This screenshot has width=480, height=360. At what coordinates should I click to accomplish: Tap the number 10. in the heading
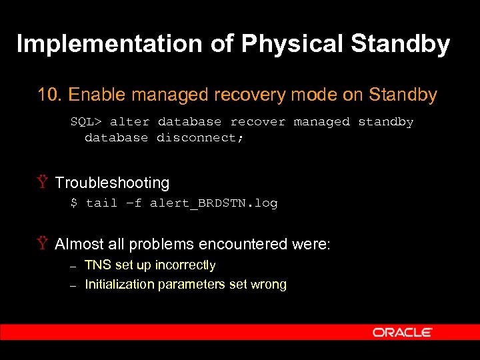coord(51,95)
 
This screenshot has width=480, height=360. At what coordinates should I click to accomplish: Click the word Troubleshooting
coord(112,183)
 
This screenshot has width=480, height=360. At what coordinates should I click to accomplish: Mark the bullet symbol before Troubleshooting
coord(43,183)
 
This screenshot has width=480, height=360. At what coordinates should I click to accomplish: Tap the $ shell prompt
coord(74,203)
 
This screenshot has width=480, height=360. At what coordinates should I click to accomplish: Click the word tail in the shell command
coord(101,203)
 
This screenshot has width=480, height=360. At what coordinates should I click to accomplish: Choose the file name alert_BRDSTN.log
coord(213,203)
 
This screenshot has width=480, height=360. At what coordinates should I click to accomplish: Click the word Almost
coord(80,244)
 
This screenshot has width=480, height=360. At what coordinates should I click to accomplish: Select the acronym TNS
coord(98,265)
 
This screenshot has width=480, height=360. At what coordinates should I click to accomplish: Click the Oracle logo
coord(403,332)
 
